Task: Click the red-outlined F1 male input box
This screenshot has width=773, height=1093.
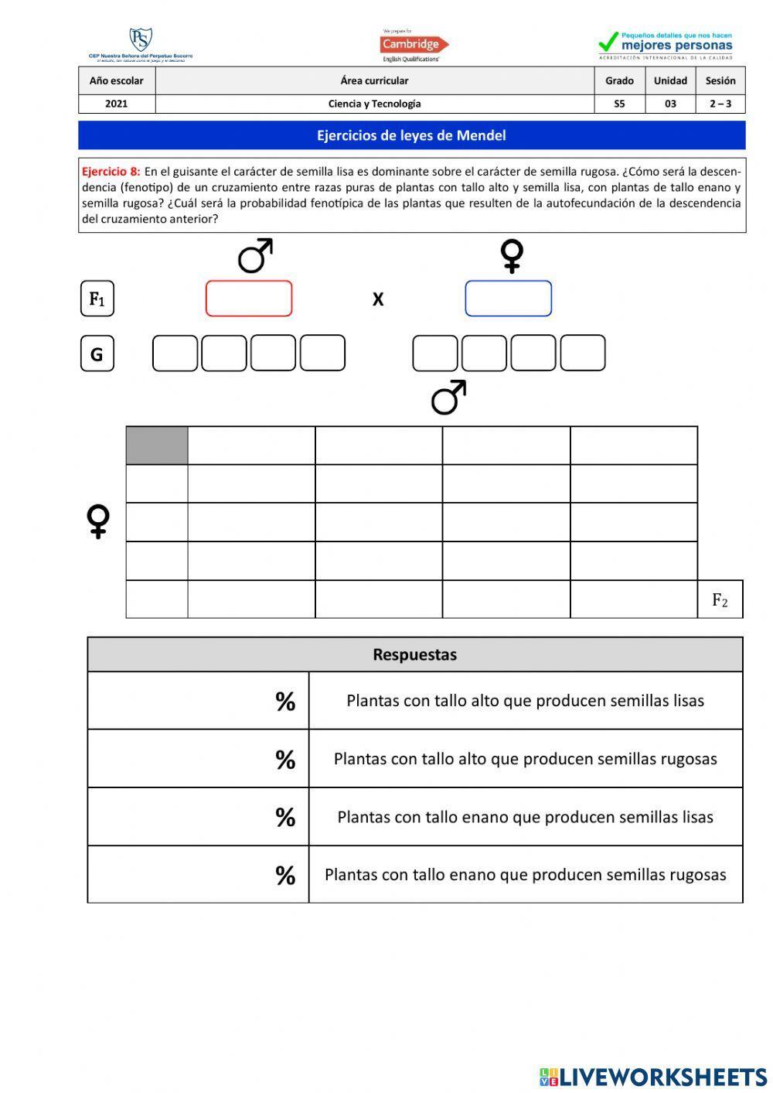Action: coord(249,299)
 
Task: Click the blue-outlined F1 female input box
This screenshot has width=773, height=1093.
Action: coord(508,299)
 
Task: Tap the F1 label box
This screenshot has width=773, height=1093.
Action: coord(97,299)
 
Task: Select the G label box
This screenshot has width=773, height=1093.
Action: coord(97,354)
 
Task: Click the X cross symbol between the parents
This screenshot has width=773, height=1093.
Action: coord(378,299)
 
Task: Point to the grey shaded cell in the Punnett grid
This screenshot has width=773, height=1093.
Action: coord(157,445)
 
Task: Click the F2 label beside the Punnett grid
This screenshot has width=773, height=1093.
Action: coord(720,599)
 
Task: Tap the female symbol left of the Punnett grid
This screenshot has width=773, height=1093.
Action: coord(98,521)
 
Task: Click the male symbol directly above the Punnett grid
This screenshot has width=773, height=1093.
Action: coord(448,397)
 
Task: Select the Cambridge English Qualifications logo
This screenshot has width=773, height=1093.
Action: coord(414,46)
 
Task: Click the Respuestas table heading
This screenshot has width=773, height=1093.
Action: coord(414,654)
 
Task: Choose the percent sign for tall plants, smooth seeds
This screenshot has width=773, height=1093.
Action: coord(285,701)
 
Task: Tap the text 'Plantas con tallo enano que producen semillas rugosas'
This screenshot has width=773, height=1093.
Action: coord(525,875)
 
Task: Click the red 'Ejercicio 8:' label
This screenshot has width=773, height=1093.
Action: coord(111,172)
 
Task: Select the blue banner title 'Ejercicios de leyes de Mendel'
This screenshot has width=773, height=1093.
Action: coord(411,135)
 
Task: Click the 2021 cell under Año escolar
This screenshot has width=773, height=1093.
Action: coord(117,104)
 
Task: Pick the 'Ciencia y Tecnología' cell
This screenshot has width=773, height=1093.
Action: coord(374,104)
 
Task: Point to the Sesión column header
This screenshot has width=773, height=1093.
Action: coord(720,80)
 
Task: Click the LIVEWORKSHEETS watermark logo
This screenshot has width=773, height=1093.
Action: coord(653,1076)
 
